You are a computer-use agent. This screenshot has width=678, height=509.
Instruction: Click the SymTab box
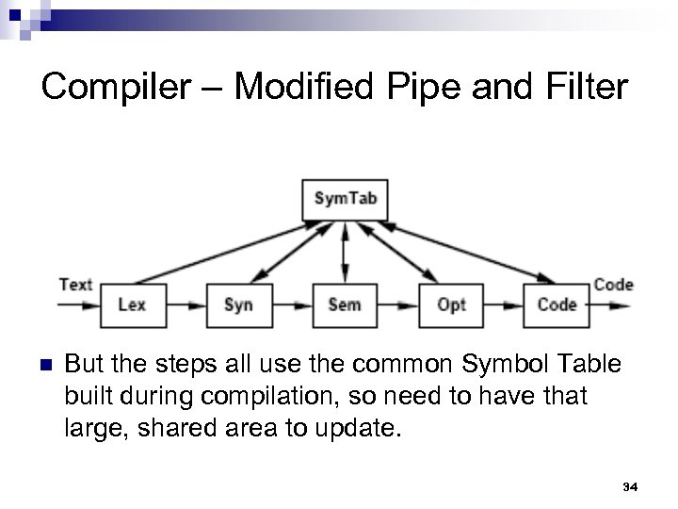tap(345, 199)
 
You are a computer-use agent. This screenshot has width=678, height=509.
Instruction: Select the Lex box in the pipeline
tap(131, 304)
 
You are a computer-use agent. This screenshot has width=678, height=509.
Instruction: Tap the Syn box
tap(237, 304)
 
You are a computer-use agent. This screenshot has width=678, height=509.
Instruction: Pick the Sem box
tap(345, 304)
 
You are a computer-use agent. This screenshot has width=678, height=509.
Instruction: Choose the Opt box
tap(451, 304)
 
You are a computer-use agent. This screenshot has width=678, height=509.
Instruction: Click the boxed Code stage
tap(557, 304)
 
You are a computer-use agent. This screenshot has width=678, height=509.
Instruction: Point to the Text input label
tap(75, 284)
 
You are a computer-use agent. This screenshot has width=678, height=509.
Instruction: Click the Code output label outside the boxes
tap(613, 284)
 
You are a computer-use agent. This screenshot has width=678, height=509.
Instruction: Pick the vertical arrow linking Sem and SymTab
tap(345, 252)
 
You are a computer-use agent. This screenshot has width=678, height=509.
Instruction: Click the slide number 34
tap(631, 487)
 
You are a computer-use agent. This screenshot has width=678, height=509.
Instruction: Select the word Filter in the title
tap(584, 88)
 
